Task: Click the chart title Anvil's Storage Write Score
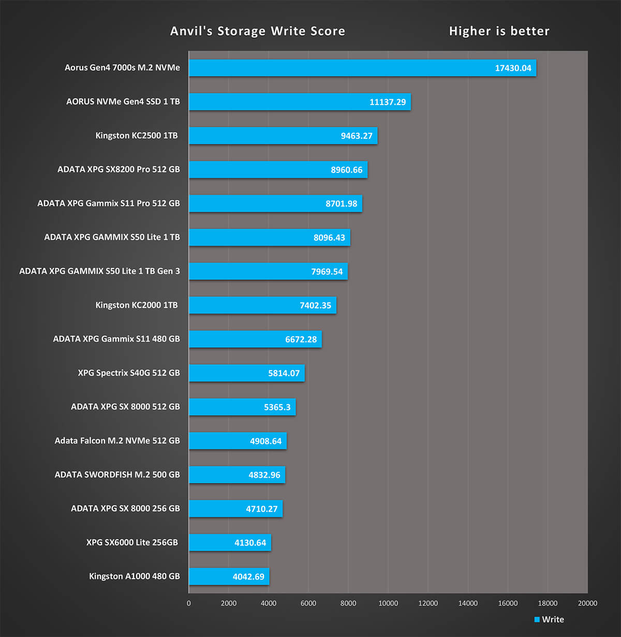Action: pos(257,31)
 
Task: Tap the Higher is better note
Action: pos(499,31)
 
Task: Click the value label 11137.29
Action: pos(387,102)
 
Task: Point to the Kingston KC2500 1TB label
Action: pos(136,136)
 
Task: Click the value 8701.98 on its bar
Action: pos(341,204)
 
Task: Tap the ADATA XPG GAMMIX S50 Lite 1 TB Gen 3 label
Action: pos(99,271)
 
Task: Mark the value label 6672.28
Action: pos(301,339)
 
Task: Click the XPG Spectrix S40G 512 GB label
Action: pos(129,373)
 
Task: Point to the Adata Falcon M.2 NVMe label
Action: pos(117,441)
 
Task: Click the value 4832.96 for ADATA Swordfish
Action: pos(264,475)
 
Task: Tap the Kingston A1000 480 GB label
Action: pos(134,576)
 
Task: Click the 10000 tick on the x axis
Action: pos(388,603)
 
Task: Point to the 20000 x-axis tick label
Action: pos(587,603)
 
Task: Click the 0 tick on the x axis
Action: pos(189,603)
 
